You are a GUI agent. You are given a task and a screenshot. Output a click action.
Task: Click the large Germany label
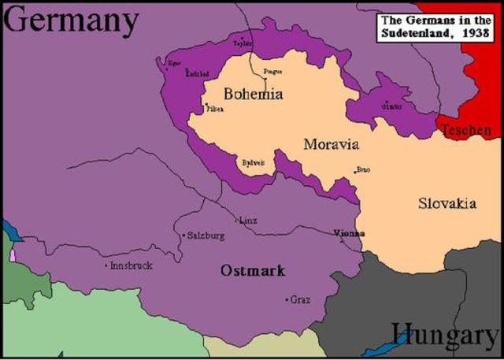(71, 21)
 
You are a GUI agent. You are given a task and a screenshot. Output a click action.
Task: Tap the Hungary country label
(445, 336)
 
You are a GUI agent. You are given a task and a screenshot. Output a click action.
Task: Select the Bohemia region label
(253, 94)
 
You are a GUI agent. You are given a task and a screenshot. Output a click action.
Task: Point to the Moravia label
(331, 144)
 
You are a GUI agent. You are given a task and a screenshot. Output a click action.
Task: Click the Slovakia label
(447, 203)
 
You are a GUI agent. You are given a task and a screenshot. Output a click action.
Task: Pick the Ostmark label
(253, 270)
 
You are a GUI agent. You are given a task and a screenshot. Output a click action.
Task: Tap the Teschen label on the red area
(465, 130)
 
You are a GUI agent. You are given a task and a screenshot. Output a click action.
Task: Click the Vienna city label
(349, 233)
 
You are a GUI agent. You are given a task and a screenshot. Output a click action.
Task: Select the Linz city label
(248, 221)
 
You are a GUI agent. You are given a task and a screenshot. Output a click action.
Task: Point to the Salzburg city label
(206, 236)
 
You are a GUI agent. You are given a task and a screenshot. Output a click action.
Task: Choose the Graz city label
(300, 299)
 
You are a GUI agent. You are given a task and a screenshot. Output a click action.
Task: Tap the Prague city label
(272, 72)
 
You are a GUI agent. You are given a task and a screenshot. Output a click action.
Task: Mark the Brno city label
(363, 169)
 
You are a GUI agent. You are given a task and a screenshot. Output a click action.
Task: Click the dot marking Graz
(287, 299)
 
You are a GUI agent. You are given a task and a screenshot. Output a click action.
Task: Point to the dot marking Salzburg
(183, 236)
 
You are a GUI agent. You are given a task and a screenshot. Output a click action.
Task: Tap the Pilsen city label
(215, 109)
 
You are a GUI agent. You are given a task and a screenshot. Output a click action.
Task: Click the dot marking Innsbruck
(106, 265)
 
